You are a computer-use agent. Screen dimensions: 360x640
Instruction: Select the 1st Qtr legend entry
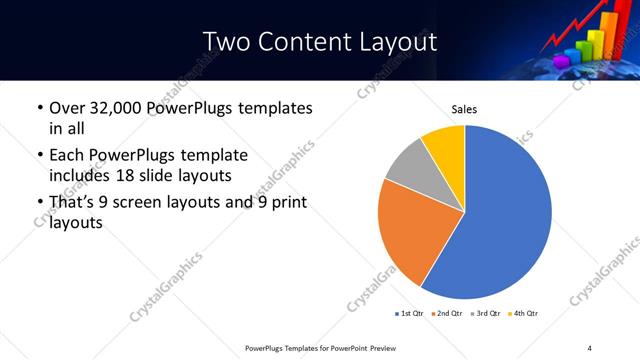408,314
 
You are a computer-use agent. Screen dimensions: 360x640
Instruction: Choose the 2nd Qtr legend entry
447,314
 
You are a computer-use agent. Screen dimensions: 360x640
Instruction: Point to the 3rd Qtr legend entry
485,314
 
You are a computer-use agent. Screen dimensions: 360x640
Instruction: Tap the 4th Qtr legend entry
524,314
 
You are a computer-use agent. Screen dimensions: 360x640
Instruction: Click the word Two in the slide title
227,41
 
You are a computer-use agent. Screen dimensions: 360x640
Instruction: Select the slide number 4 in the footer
589,347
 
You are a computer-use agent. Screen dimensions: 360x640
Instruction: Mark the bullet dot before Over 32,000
38,108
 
